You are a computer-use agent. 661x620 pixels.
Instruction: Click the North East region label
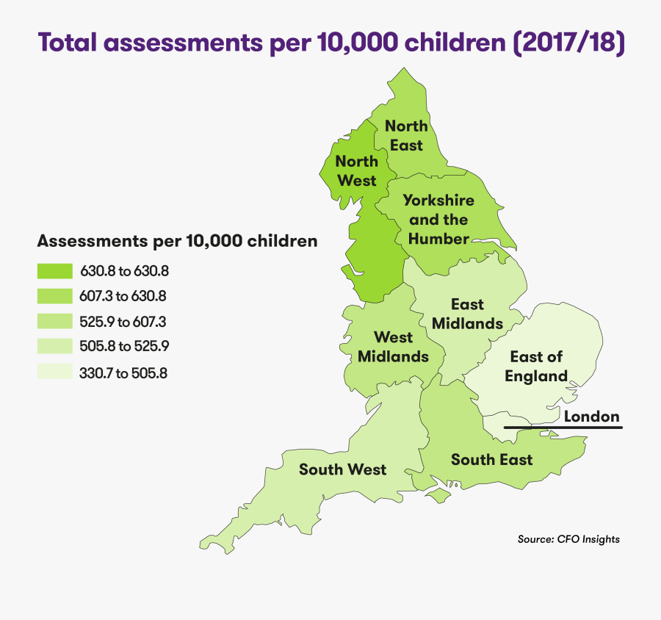pos(406,136)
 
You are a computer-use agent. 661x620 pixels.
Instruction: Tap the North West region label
pos(356,170)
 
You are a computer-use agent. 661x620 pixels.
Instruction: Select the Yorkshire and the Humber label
pos(438,220)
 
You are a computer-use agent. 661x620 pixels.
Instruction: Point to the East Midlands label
pos(467,314)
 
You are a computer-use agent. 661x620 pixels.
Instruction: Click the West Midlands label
pos(393,347)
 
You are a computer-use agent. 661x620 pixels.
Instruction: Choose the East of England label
pos(536,366)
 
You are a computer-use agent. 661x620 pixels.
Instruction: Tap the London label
pos(591,417)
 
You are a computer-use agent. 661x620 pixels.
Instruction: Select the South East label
pos(491,460)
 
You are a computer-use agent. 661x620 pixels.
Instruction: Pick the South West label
pos(342,469)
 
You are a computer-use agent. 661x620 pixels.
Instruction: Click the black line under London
pos(563,427)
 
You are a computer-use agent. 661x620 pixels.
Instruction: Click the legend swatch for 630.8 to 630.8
pos(54,271)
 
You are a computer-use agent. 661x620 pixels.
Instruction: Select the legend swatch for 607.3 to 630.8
pos(54,296)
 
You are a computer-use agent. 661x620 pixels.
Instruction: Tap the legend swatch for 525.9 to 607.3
pos(54,321)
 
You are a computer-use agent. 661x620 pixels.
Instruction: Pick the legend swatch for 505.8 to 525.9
pos(54,346)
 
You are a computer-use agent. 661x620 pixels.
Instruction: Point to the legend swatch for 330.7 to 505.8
pos(54,372)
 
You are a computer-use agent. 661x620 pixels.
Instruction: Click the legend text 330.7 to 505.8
pos(123,372)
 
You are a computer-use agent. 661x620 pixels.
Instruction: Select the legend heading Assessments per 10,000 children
pos(177,241)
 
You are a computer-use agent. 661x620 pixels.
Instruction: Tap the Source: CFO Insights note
pos(568,539)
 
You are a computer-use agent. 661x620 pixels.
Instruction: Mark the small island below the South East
pos(439,497)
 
